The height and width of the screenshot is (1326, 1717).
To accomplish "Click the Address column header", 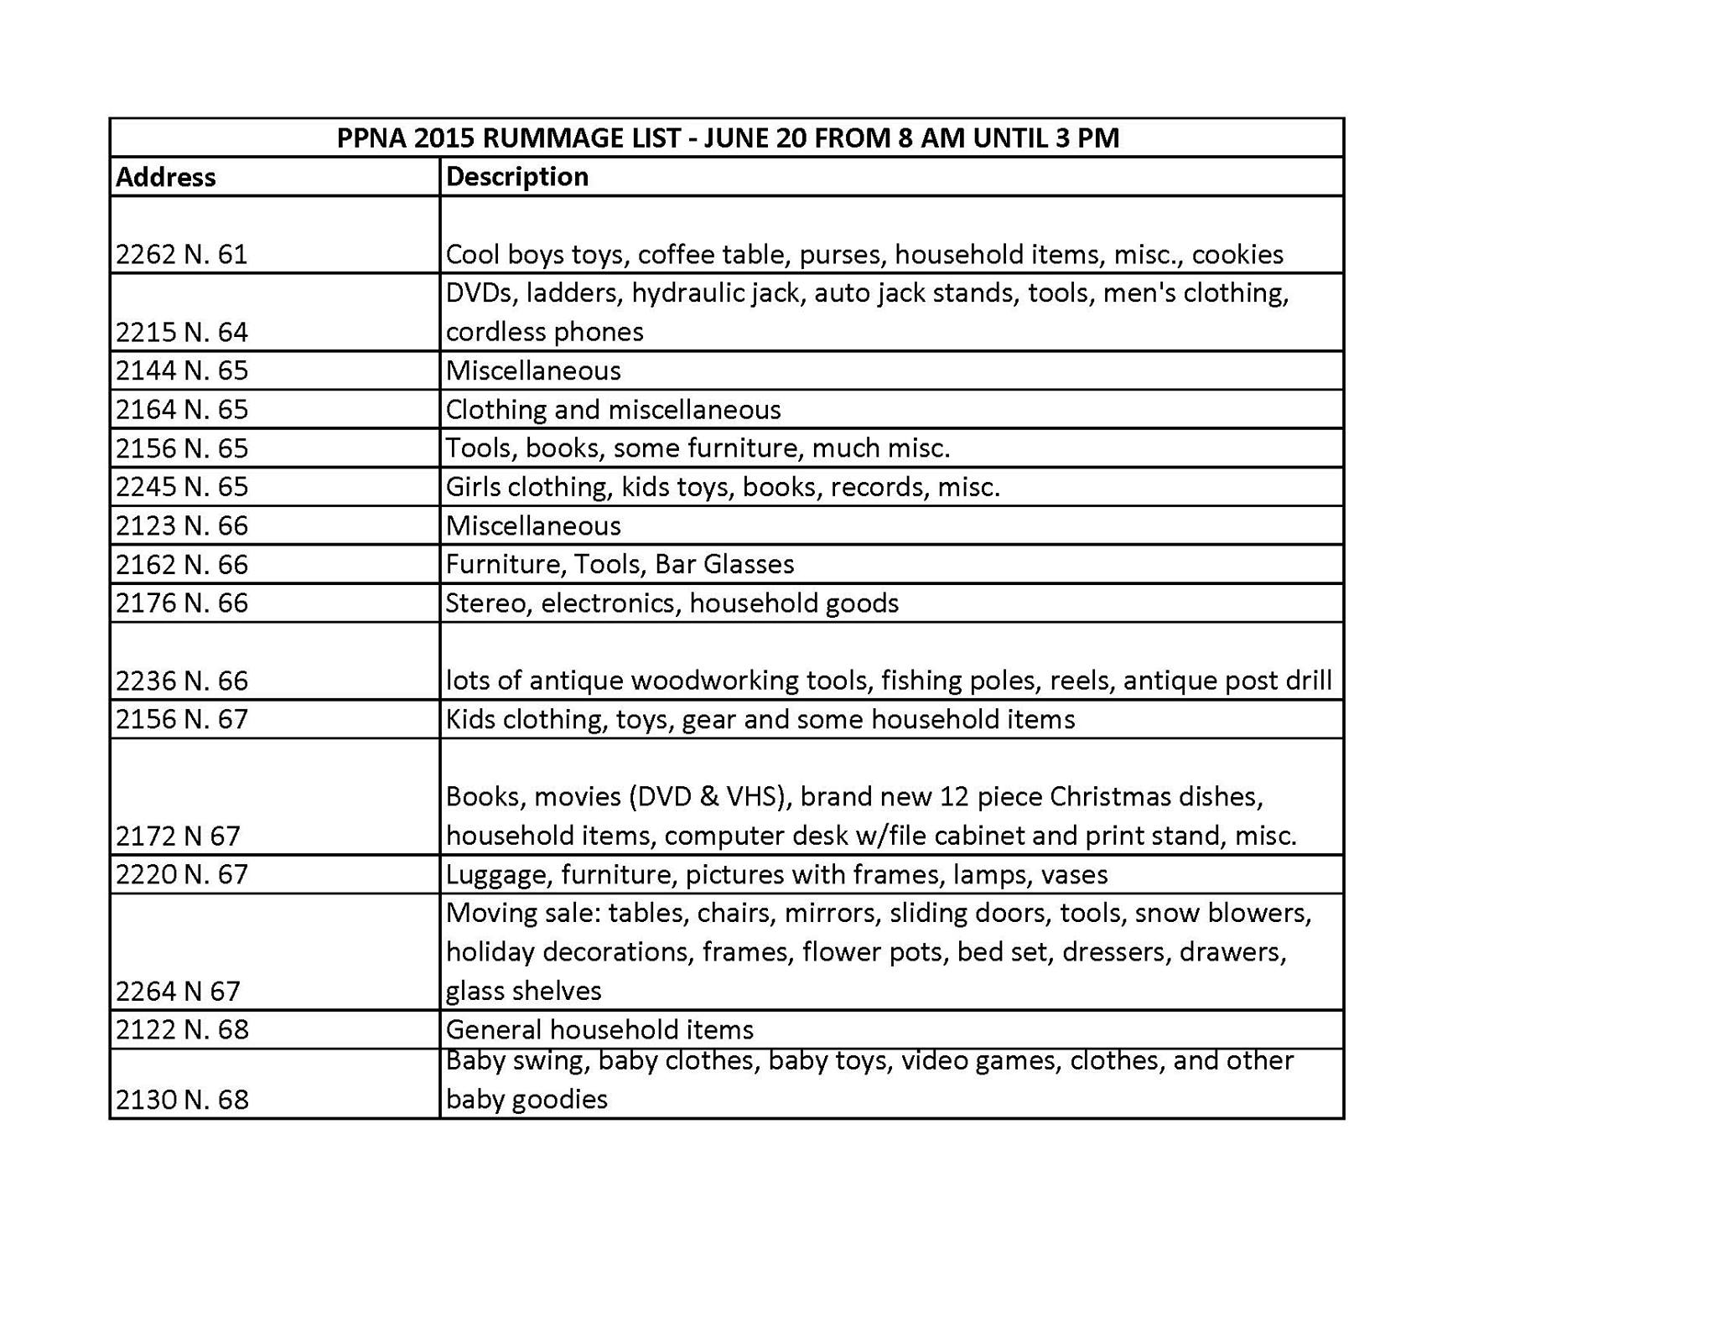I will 166,177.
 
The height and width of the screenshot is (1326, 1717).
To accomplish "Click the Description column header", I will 516,177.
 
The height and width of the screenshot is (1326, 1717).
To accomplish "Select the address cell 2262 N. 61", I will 182,254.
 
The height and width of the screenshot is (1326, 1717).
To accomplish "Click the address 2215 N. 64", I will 182,332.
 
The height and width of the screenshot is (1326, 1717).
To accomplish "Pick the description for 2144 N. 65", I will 533,370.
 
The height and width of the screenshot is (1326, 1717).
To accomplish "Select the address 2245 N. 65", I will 182,487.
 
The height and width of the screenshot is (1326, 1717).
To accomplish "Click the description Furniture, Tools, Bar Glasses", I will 620,564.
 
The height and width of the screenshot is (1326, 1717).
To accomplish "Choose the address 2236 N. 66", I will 182,681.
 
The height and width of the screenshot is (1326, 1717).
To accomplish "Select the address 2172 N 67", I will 178,836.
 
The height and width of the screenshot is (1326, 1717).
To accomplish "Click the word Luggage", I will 498,875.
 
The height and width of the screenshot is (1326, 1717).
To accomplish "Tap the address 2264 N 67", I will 178,992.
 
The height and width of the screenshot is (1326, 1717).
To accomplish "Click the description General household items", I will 599,1029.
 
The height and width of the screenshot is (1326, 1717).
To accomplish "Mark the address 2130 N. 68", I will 182,1100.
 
